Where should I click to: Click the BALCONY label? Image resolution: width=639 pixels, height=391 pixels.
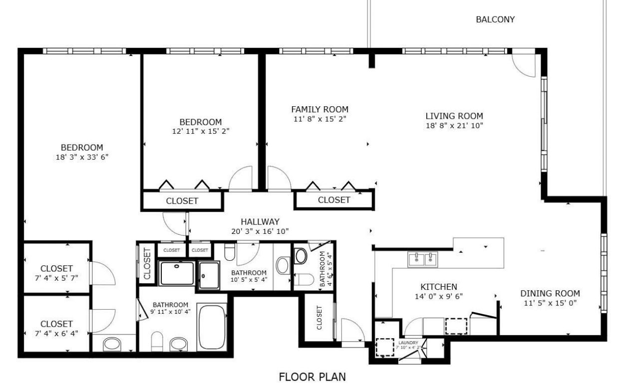495,20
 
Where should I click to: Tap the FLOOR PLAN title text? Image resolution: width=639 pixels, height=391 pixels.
312,377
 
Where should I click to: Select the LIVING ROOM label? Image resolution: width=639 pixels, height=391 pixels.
454,116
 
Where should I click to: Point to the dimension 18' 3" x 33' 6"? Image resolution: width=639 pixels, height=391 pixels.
82,157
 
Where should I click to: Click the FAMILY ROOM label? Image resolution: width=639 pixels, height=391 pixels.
319,110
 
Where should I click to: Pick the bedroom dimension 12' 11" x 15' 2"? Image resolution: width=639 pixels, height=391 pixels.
200,131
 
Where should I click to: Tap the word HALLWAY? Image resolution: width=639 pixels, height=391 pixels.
260,222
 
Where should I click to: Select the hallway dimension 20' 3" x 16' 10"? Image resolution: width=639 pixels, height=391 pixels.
260,231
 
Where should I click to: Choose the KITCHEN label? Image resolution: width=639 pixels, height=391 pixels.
438,287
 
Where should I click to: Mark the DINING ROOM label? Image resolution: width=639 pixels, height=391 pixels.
550,294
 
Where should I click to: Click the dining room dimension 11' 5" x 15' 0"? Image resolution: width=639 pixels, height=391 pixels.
550,303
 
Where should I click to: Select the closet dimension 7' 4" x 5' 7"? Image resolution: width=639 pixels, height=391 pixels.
56,278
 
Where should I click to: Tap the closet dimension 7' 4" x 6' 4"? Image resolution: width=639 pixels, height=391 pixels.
56,333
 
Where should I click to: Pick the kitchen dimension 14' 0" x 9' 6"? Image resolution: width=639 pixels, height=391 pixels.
438,296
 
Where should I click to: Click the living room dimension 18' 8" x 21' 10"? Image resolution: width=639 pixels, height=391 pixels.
454,126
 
